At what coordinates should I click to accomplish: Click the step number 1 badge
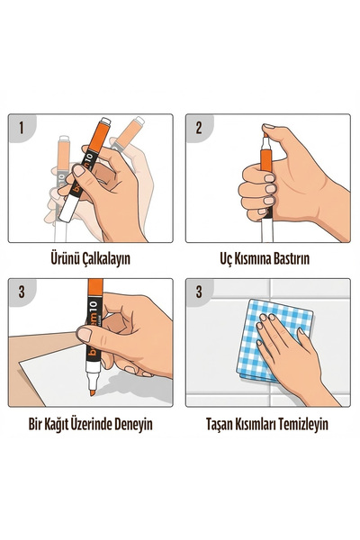click(22, 128)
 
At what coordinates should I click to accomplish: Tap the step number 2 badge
click(199, 128)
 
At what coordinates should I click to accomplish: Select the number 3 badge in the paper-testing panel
click(22, 292)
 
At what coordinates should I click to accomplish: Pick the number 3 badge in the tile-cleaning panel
click(199, 292)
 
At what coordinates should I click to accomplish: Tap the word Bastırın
click(292, 258)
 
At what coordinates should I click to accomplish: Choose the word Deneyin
click(133, 424)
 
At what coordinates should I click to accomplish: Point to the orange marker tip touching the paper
click(93, 391)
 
